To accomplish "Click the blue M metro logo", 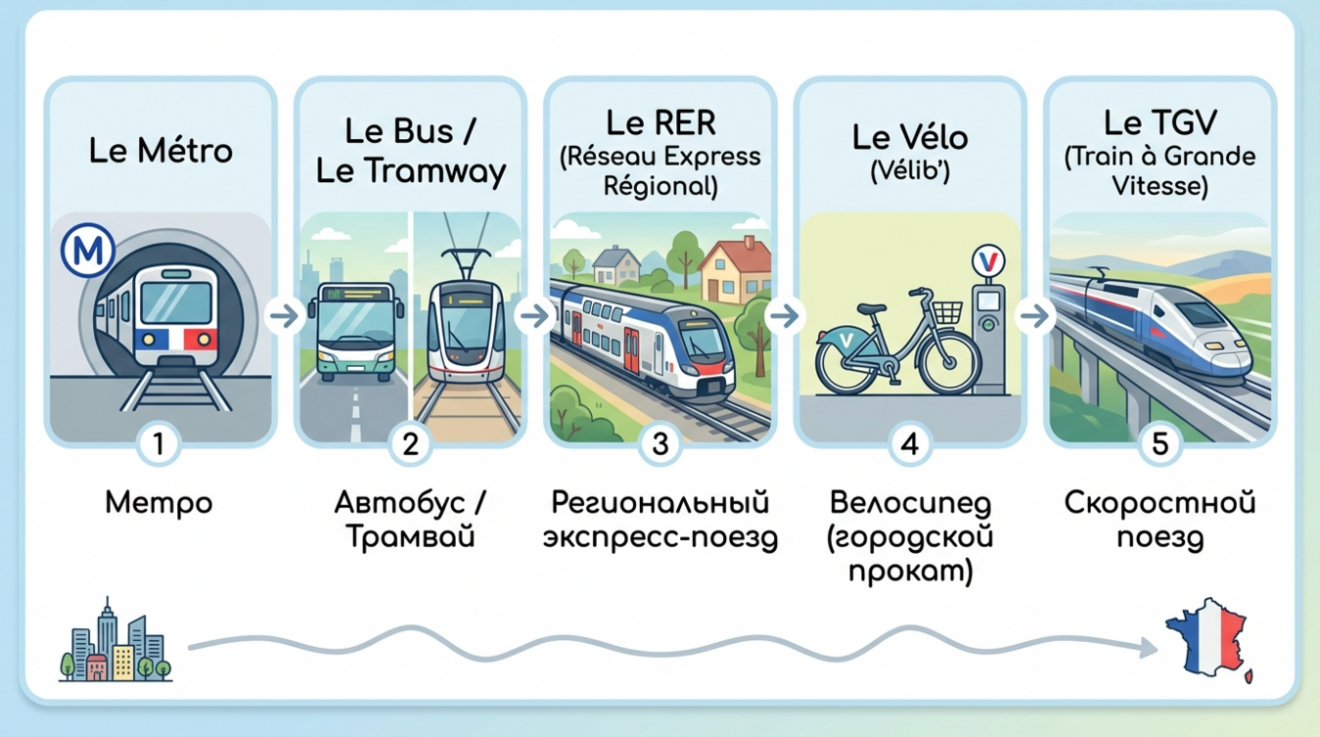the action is coord(87,251).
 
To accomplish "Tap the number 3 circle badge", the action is coord(660,444).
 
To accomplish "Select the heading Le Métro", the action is coord(160,151).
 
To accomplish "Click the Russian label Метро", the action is coord(159,504).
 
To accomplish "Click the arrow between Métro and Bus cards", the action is coord(285,316).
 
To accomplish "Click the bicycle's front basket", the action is coord(947,312).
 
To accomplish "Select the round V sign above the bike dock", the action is coord(988,261).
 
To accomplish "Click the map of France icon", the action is coord(1209,640).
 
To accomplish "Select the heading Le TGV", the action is coord(1160,122).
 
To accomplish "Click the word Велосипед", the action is coord(910,504).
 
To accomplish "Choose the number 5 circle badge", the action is coord(1160,444).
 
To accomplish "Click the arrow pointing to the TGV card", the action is coord(1035,316).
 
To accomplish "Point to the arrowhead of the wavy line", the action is coord(1148,648).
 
